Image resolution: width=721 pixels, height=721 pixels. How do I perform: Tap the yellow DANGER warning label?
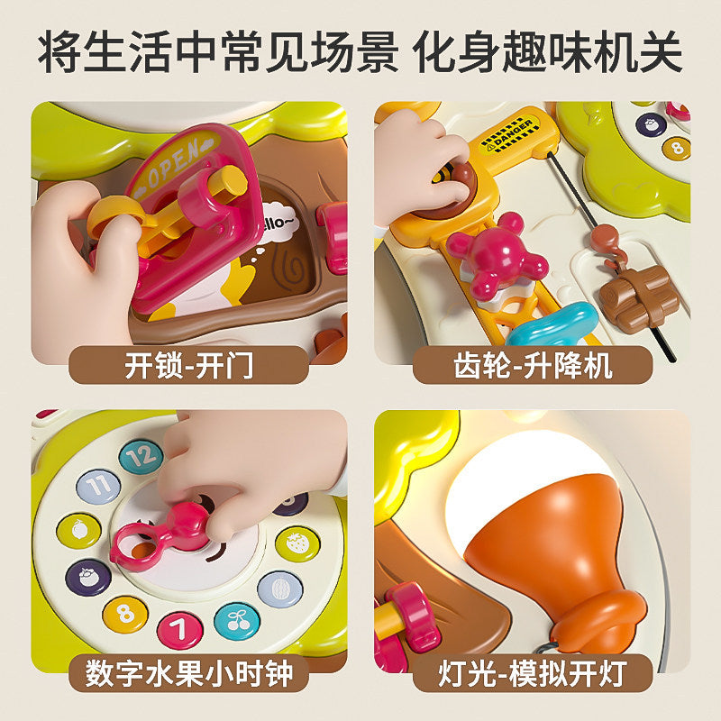[x=507, y=133]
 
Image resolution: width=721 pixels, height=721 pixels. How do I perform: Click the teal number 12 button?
[x=141, y=456]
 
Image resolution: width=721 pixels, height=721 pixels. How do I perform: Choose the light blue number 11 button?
[x=98, y=486]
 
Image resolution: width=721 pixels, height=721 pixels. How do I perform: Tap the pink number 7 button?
[x=179, y=629]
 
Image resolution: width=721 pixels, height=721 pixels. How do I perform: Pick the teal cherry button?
[x=237, y=621]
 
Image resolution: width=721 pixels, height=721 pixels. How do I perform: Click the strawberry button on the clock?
[x=297, y=544]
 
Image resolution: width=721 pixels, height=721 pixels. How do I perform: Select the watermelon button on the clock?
[x=280, y=589]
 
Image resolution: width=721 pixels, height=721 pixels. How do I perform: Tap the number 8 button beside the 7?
[x=125, y=615]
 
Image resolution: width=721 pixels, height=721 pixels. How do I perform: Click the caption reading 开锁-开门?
[x=188, y=366]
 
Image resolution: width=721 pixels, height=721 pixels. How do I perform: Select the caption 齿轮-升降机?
[x=533, y=366]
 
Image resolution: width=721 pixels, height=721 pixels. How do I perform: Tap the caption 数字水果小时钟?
[x=189, y=673]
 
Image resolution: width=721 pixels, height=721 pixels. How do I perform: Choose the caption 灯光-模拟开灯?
[x=533, y=673]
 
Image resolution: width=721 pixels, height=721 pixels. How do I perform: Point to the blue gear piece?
[x=552, y=324]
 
